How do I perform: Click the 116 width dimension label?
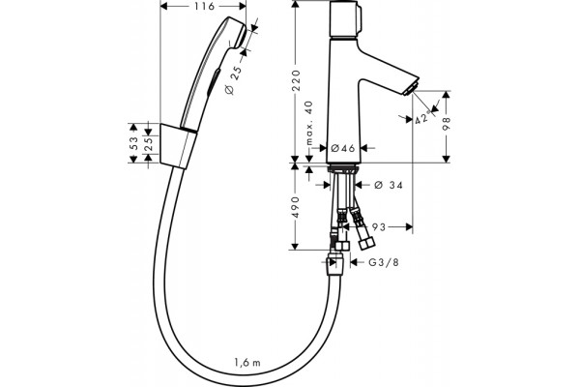click(x=204, y=6)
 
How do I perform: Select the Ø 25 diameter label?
click(x=234, y=80)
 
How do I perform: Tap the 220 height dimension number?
click(x=297, y=80)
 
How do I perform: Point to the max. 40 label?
click(x=309, y=123)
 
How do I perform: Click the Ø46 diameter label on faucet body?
click(x=343, y=148)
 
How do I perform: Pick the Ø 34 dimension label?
click(x=388, y=185)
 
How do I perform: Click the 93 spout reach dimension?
click(x=378, y=227)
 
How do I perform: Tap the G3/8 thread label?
click(x=384, y=262)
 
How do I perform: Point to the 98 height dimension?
click(x=447, y=124)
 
